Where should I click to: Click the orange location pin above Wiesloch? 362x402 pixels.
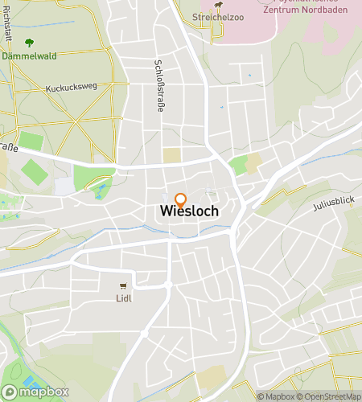point(180,199)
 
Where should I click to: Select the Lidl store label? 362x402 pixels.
point(123,297)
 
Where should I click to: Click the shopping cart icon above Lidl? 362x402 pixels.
point(123,285)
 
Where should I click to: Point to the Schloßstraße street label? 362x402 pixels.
point(159,85)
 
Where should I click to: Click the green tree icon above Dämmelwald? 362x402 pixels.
point(29,43)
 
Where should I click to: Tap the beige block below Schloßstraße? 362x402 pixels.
point(172,155)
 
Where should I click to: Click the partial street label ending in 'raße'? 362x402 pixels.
point(8,147)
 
